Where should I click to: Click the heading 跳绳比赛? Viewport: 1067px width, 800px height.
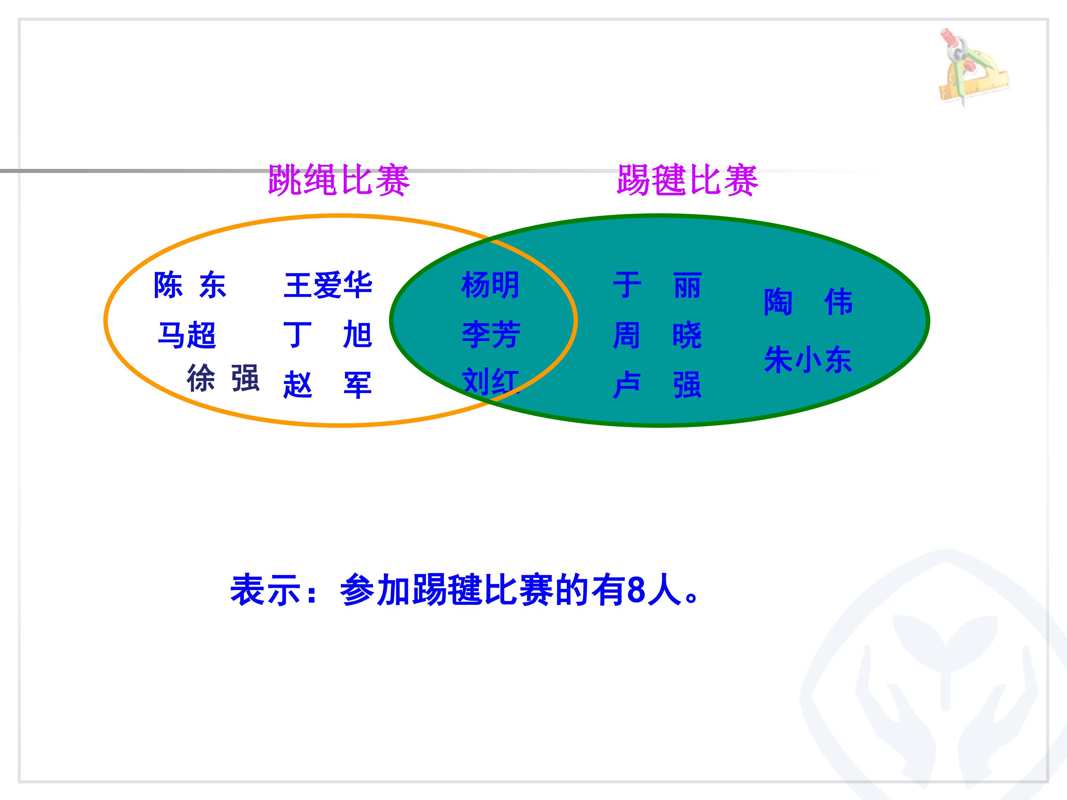click(339, 180)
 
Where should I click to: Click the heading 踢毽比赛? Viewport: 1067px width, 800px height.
click(687, 180)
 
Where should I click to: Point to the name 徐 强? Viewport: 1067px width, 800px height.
click(223, 378)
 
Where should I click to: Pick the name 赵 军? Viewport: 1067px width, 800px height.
click(328, 385)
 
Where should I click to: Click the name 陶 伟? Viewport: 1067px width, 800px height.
click(808, 302)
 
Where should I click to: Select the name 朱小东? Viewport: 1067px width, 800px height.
click(808, 359)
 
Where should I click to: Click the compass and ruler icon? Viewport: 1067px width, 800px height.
click(973, 67)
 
